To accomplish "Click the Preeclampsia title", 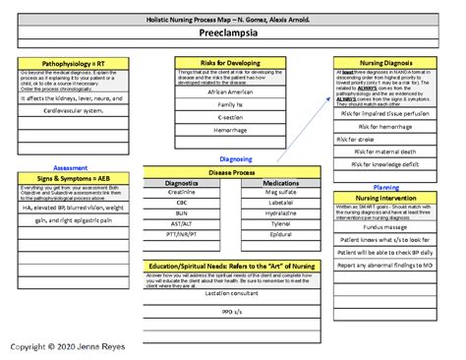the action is (x=233, y=33).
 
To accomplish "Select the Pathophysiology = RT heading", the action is (x=67, y=62).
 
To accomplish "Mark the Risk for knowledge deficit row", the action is (x=384, y=163).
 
